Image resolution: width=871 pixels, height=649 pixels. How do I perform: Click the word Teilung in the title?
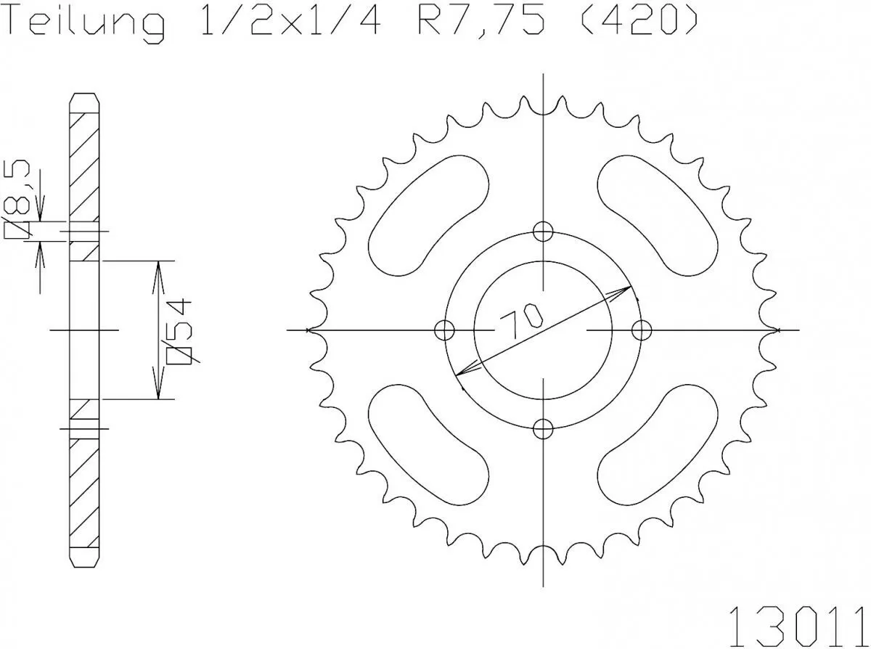[85, 23]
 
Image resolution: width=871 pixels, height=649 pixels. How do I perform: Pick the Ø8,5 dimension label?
[17, 200]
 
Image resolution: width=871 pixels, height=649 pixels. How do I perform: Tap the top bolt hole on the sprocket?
[543, 232]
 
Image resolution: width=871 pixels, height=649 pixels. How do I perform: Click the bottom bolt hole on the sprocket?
[543, 429]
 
